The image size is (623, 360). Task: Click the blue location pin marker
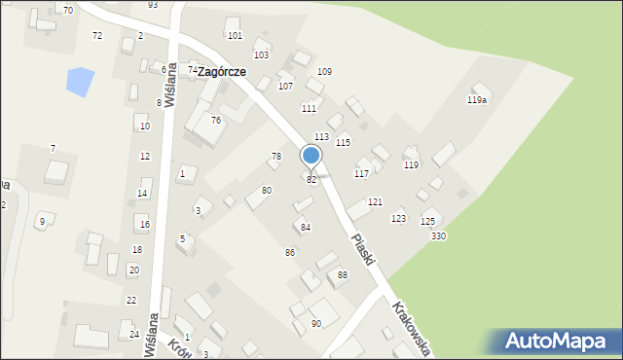[x=311, y=156]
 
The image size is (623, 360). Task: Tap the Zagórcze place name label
[x=221, y=72]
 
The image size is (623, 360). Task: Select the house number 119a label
[x=477, y=100]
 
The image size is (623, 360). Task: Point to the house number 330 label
[x=439, y=236]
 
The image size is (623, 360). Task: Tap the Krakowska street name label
[x=411, y=327]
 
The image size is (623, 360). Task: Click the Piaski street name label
[x=364, y=252]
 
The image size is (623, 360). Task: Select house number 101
[x=235, y=35]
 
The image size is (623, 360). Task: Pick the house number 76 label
[x=216, y=120]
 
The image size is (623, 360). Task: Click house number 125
[x=427, y=222]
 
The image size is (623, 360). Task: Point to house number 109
[x=324, y=72]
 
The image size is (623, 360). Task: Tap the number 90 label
[x=316, y=323]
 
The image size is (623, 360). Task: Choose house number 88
[x=343, y=275]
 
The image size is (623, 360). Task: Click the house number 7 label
[x=53, y=148]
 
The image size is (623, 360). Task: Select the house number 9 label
[x=41, y=222]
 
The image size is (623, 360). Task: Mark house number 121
[x=375, y=201]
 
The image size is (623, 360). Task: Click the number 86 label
[x=290, y=253]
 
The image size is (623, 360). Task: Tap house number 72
[x=96, y=35]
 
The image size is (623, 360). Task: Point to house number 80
[x=267, y=190]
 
